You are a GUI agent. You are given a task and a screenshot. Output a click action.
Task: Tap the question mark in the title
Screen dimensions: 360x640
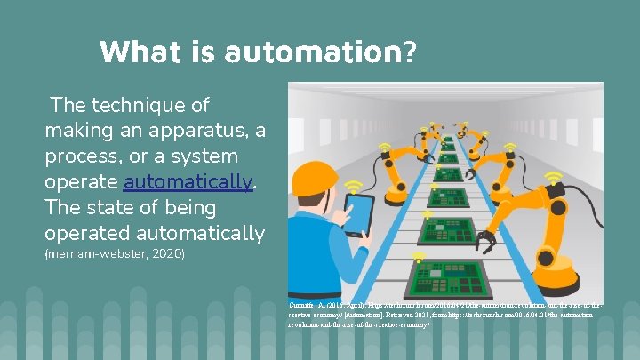tap(408, 51)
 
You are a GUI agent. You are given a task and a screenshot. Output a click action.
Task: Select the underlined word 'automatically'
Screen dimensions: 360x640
tap(188, 182)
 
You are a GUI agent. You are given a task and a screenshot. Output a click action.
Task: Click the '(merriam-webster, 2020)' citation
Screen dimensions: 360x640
tap(114, 254)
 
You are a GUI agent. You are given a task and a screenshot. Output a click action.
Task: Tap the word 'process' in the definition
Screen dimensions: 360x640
tap(81, 156)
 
